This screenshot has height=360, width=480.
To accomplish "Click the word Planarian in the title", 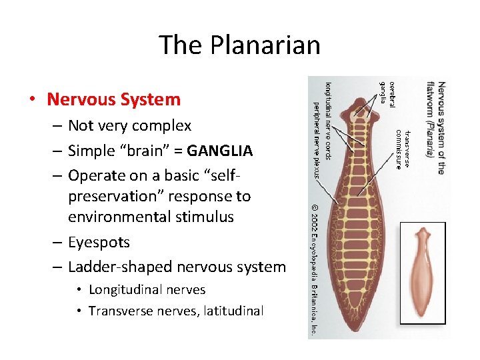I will pos(265,45).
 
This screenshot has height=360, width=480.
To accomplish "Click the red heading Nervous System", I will pos(113,99).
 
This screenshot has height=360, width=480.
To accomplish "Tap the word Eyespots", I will pos(99,242).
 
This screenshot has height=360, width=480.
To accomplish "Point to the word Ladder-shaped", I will pos(114,267).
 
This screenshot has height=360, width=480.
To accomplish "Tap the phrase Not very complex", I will pos(129,125).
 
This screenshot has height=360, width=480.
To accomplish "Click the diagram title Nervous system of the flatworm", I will pos(435,127).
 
